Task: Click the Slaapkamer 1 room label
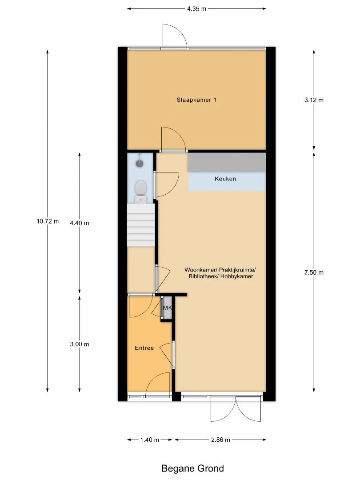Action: coord(196,100)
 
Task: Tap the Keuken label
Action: coord(225,179)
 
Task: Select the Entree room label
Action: coord(144,348)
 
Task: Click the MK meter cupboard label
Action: coord(168,308)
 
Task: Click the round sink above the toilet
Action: coord(140,163)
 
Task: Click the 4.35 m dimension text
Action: coord(196,9)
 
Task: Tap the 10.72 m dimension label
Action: coord(48,221)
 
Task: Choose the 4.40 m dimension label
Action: coord(79,223)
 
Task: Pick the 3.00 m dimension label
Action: coord(79,344)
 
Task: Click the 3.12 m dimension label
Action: coord(314,100)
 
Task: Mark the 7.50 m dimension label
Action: coord(314,272)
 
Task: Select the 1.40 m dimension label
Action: coord(150,440)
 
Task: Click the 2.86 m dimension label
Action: coord(220,440)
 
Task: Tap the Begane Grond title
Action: coord(192,468)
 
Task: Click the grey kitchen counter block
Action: coord(227,163)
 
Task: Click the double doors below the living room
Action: coord(236,409)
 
